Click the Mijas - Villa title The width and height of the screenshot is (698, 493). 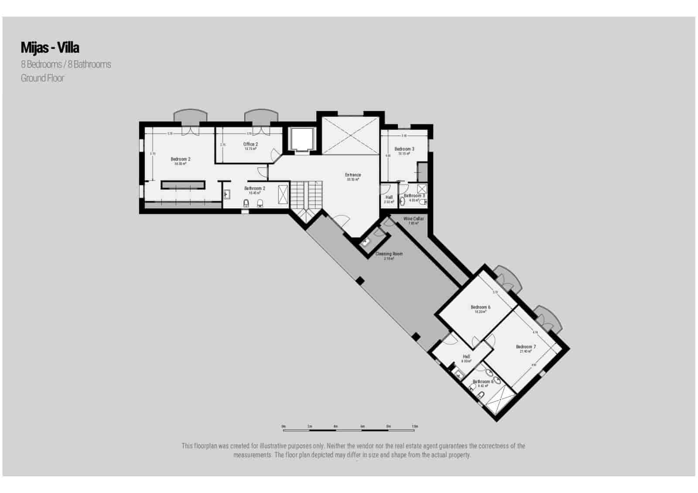pyautogui.click(x=50, y=47)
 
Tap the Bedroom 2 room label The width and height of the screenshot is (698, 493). pyautogui.click(x=180, y=160)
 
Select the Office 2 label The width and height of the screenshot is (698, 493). pyautogui.click(x=250, y=144)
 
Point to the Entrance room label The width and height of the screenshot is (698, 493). pyautogui.click(x=353, y=175)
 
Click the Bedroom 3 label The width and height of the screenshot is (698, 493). pyautogui.click(x=404, y=149)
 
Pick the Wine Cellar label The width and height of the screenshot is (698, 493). pyautogui.click(x=413, y=219)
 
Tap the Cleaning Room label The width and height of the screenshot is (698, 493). pyautogui.click(x=389, y=254)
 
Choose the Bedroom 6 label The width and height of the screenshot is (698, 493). pyautogui.click(x=480, y=307)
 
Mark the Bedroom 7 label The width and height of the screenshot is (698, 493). pyautogui.click(x=526, y=347)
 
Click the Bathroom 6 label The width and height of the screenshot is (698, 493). pyautogui.click(x=483, y=382)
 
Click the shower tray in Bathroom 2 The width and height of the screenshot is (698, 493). pyautogui.click(x=283, y=194)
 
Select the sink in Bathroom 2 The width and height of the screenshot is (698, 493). pyautogui.click(x=227, y=194)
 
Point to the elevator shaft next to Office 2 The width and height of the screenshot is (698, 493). pyautogui.click(x=301, y=139)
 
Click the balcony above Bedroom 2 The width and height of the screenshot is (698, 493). pyautogui.click(x=190, y=116)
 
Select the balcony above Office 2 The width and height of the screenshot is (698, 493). pyautogui.click(x=261, y=116)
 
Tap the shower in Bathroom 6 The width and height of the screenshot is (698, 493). pyautogui.click(x=500, y=399)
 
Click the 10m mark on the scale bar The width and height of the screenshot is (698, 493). pyautogui.click(x=414, y=427)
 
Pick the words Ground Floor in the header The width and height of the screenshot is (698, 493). pyautogui.click(x=42, y=78)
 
